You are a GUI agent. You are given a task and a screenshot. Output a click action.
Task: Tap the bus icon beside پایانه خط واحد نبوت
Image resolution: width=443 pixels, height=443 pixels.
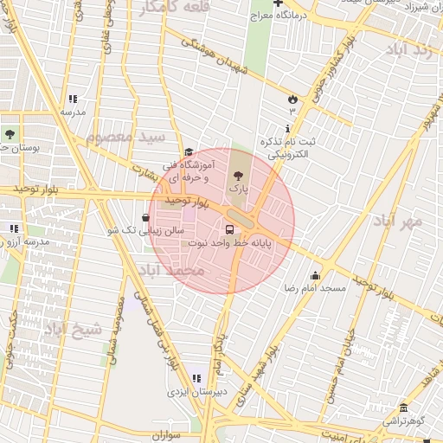(230, 230)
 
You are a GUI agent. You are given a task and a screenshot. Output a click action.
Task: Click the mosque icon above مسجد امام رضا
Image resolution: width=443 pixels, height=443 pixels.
(315, 275)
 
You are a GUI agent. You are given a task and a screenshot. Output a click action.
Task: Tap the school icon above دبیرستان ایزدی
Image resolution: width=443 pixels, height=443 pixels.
(196, 378)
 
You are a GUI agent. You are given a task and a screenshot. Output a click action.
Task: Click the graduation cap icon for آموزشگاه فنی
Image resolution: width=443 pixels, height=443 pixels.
(189, 152)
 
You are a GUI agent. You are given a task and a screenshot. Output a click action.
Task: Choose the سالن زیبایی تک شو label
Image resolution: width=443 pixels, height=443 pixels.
(144, 231)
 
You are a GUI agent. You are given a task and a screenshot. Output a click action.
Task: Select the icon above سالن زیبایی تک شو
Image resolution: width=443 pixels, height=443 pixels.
(144, 218)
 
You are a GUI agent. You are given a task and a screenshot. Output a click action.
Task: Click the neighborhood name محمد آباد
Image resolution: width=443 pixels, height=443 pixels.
(170, 271)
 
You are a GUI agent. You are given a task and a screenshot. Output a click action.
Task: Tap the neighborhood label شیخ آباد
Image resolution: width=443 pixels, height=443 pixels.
(73, 329)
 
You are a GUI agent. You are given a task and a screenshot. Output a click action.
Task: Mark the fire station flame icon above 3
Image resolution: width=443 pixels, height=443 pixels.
(292, 99)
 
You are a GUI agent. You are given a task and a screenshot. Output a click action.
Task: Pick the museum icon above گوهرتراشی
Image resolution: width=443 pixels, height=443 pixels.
(403, 408)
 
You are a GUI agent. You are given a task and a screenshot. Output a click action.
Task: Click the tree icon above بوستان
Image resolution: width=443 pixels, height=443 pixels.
(10, 134)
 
